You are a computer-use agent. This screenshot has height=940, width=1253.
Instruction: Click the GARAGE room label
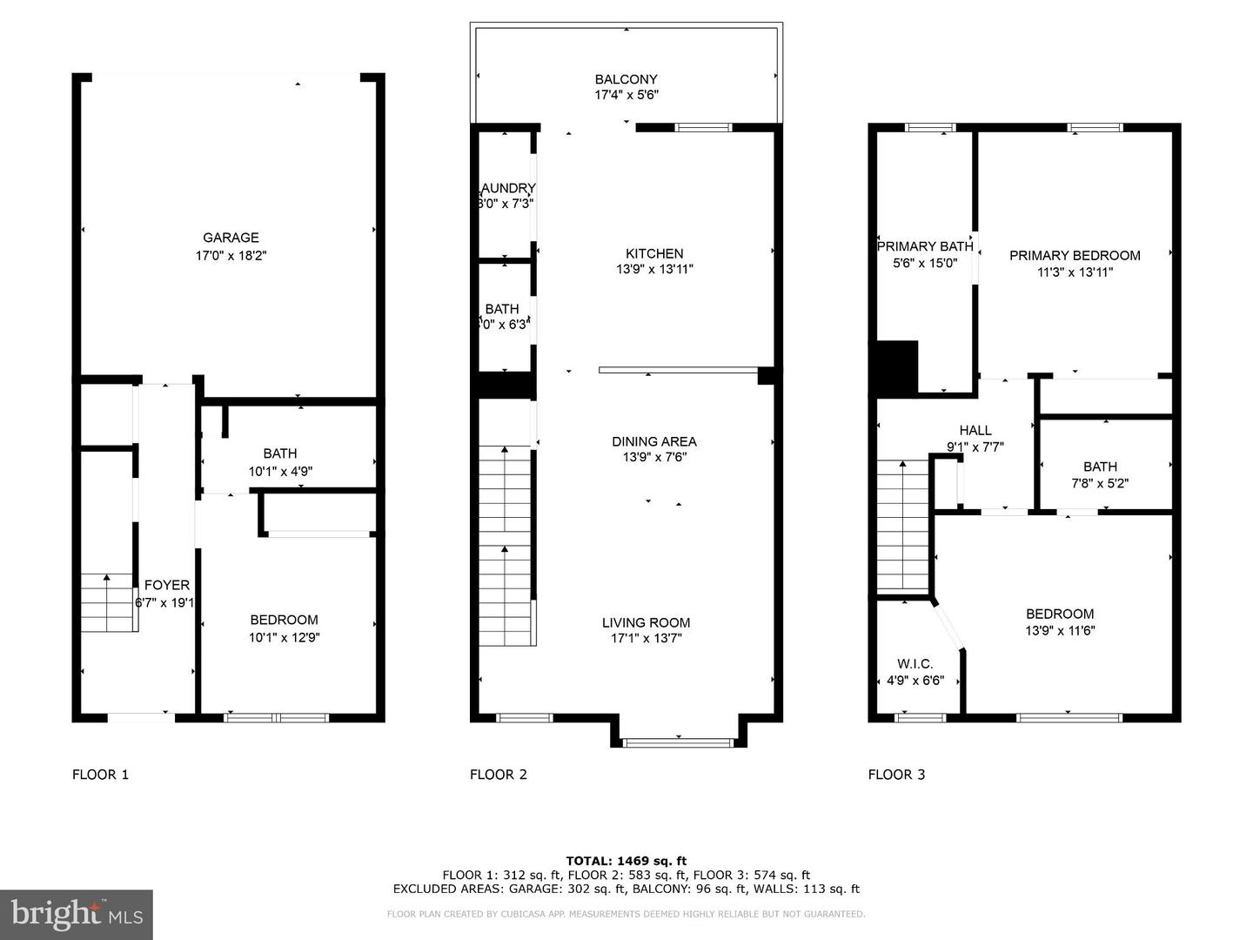pos(231,238)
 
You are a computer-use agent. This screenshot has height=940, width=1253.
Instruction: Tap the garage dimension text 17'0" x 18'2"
pos(231,256)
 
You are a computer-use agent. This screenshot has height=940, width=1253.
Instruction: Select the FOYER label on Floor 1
pos(166,586)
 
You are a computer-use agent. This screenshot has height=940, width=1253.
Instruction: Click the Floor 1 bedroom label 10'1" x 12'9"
pos(284,637)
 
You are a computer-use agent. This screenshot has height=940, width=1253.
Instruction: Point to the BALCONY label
pos(626,79)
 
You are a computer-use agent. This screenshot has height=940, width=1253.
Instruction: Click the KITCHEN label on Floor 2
pos(654,253)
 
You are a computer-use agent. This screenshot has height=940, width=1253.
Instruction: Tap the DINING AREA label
pos(653,441)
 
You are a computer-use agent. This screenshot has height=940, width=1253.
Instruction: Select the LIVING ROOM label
pos(646,622)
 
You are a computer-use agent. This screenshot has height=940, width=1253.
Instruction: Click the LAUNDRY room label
pos(507,188)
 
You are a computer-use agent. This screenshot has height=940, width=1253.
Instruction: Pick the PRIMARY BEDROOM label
pos(1075,255)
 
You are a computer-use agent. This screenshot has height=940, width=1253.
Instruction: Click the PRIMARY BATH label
pos(924,246)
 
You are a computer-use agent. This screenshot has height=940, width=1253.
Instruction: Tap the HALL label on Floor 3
pos(975,430)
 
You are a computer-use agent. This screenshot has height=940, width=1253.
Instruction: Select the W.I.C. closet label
pos(915,664)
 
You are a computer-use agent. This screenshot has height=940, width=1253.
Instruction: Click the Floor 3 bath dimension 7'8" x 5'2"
pos(1100,484)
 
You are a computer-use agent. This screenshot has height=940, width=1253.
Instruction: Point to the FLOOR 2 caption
pos(499,775)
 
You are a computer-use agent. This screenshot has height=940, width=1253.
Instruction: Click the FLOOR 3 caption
pos(896,775)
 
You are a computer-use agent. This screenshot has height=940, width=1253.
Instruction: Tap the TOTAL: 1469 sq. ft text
pos(626,861)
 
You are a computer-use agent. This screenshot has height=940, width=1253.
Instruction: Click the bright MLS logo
pos(77,914)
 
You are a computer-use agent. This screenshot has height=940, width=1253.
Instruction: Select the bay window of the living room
pos(679,742)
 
